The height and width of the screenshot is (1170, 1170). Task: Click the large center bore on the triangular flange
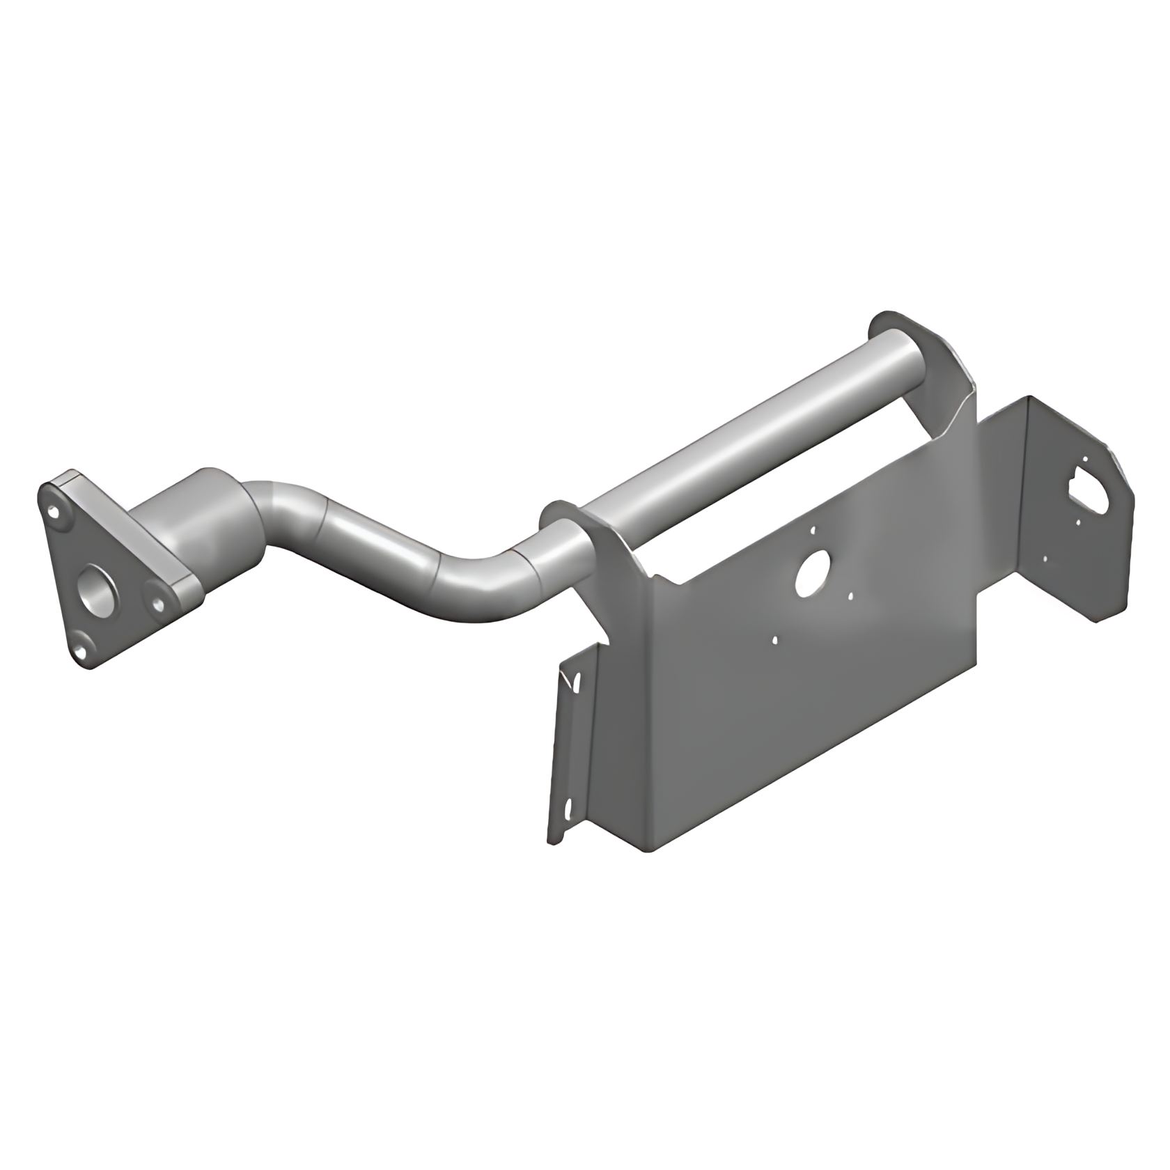click(95, 586)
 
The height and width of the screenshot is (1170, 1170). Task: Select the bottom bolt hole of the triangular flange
click(81, 650)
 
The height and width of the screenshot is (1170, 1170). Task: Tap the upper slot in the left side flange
click(575, 683)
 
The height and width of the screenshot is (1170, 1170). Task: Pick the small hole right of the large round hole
click(849, 596)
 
